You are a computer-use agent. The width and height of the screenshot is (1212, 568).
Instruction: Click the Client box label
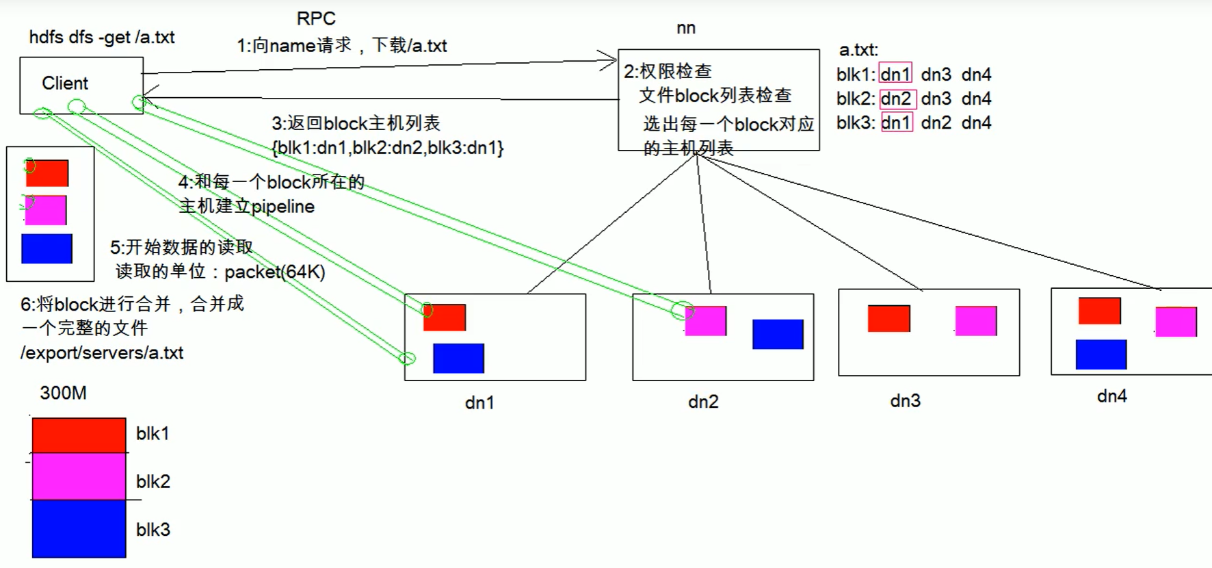65,83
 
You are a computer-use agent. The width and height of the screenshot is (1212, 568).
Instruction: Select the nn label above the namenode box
686,28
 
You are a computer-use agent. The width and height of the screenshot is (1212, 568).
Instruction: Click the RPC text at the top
316,18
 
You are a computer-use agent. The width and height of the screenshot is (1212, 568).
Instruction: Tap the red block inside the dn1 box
445,318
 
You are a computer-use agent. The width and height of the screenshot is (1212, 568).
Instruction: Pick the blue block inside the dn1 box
458,358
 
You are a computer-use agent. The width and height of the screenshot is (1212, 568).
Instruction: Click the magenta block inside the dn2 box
705,320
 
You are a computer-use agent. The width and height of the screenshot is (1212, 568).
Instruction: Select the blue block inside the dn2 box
778,334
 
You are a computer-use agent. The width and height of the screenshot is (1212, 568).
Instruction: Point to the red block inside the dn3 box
888,318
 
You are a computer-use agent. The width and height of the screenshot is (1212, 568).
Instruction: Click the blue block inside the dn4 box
1101,354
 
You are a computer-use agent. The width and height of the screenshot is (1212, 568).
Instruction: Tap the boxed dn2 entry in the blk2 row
897,99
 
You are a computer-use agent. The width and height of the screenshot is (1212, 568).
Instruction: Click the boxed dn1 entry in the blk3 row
897,122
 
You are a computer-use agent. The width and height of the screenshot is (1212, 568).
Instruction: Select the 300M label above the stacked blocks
63,393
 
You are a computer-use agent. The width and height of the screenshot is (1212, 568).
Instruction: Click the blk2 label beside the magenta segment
153,482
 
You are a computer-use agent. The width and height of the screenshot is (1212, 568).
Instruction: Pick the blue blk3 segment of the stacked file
79,528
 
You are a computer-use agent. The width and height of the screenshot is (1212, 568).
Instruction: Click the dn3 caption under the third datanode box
905,401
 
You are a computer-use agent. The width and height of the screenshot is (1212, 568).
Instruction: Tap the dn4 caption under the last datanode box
1111,396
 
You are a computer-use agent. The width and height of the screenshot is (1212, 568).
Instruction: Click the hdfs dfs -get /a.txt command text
102,37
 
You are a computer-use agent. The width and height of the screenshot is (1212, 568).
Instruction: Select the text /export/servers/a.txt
102,353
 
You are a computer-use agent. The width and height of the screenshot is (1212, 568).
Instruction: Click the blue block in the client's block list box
47,248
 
